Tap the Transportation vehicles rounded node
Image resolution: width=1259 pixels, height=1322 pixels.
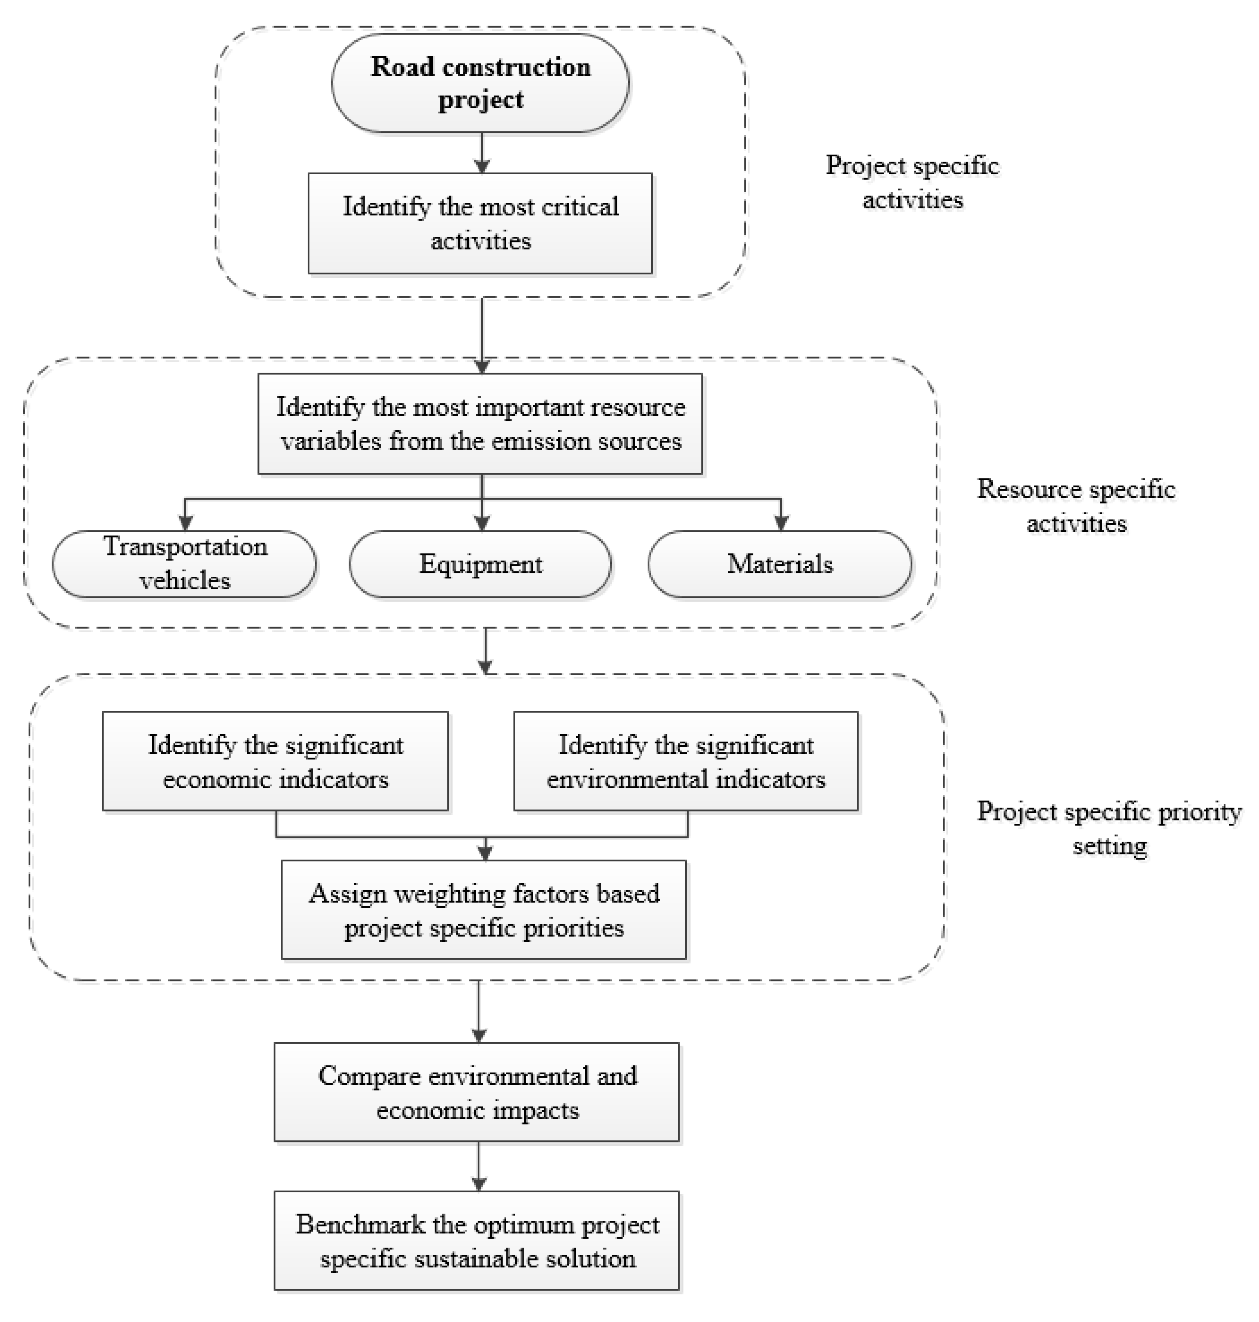185,564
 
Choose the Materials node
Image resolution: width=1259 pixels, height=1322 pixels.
780,564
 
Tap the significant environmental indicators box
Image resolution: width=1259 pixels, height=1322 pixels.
686,761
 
